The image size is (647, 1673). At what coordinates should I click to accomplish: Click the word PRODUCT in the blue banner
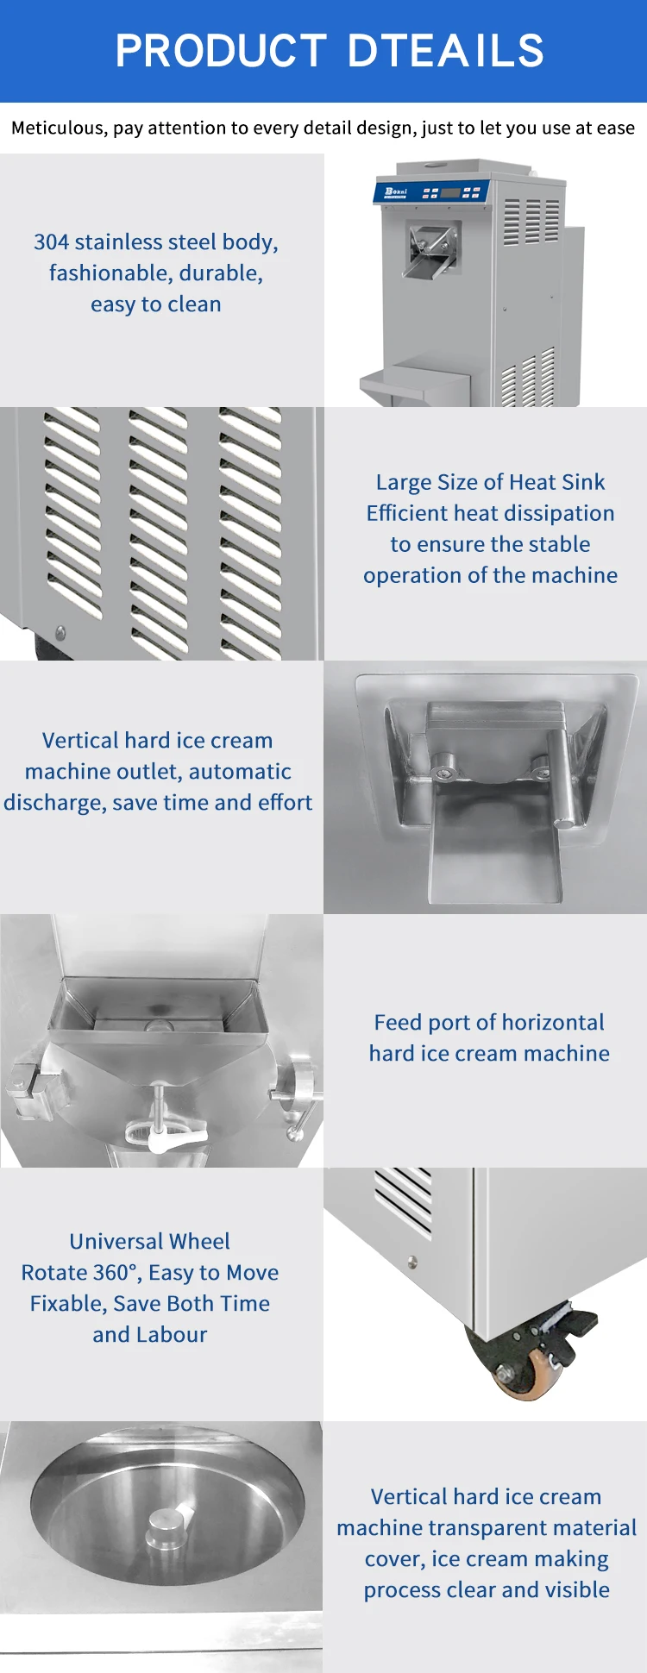[221, 50]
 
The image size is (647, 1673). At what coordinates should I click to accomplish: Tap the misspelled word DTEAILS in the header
[446, 50]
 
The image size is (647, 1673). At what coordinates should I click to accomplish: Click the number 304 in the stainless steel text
[51, 242]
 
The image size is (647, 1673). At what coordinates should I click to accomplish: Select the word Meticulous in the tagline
[57, 128]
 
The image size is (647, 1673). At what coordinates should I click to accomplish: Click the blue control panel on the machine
[431, 191]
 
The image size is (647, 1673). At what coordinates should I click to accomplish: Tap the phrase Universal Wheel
[149, 1241]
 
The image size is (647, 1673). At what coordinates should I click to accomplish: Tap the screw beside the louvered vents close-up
[60, 633]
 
